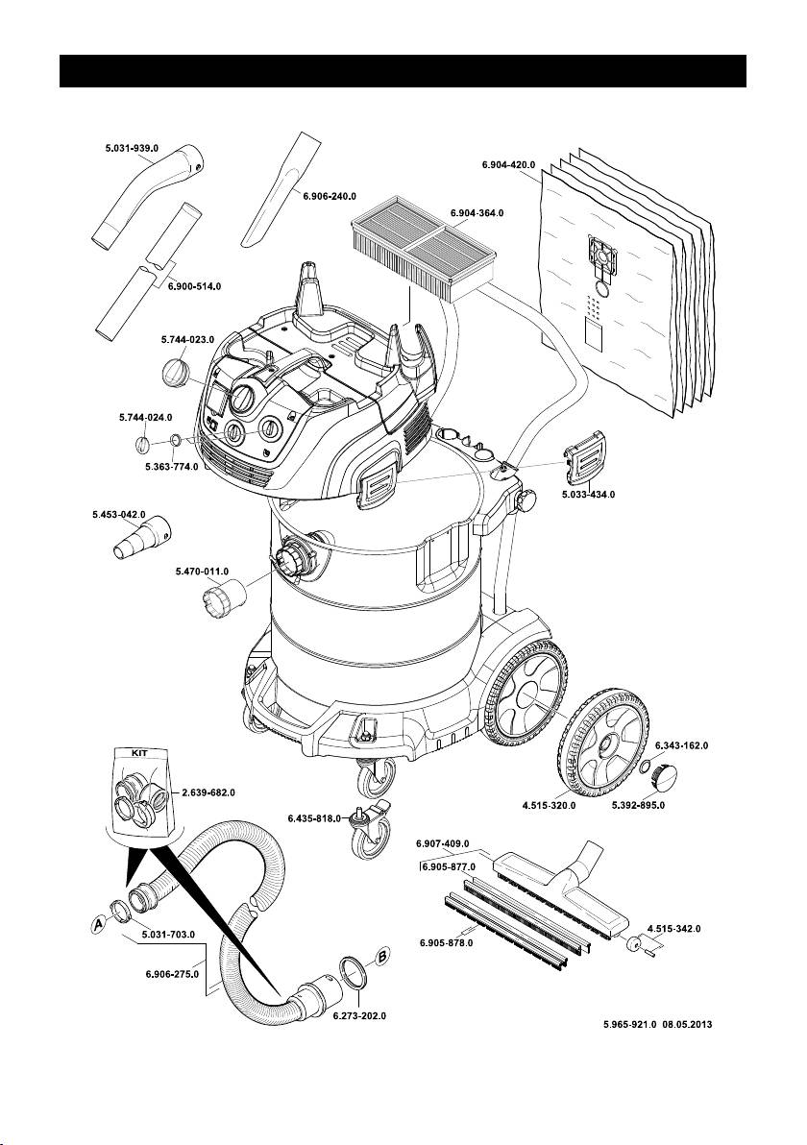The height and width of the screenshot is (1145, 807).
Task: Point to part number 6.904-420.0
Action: pos(508,164)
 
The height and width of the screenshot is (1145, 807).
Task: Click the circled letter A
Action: pos(97,923)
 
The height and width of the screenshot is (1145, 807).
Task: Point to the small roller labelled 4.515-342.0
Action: pos(634,943)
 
